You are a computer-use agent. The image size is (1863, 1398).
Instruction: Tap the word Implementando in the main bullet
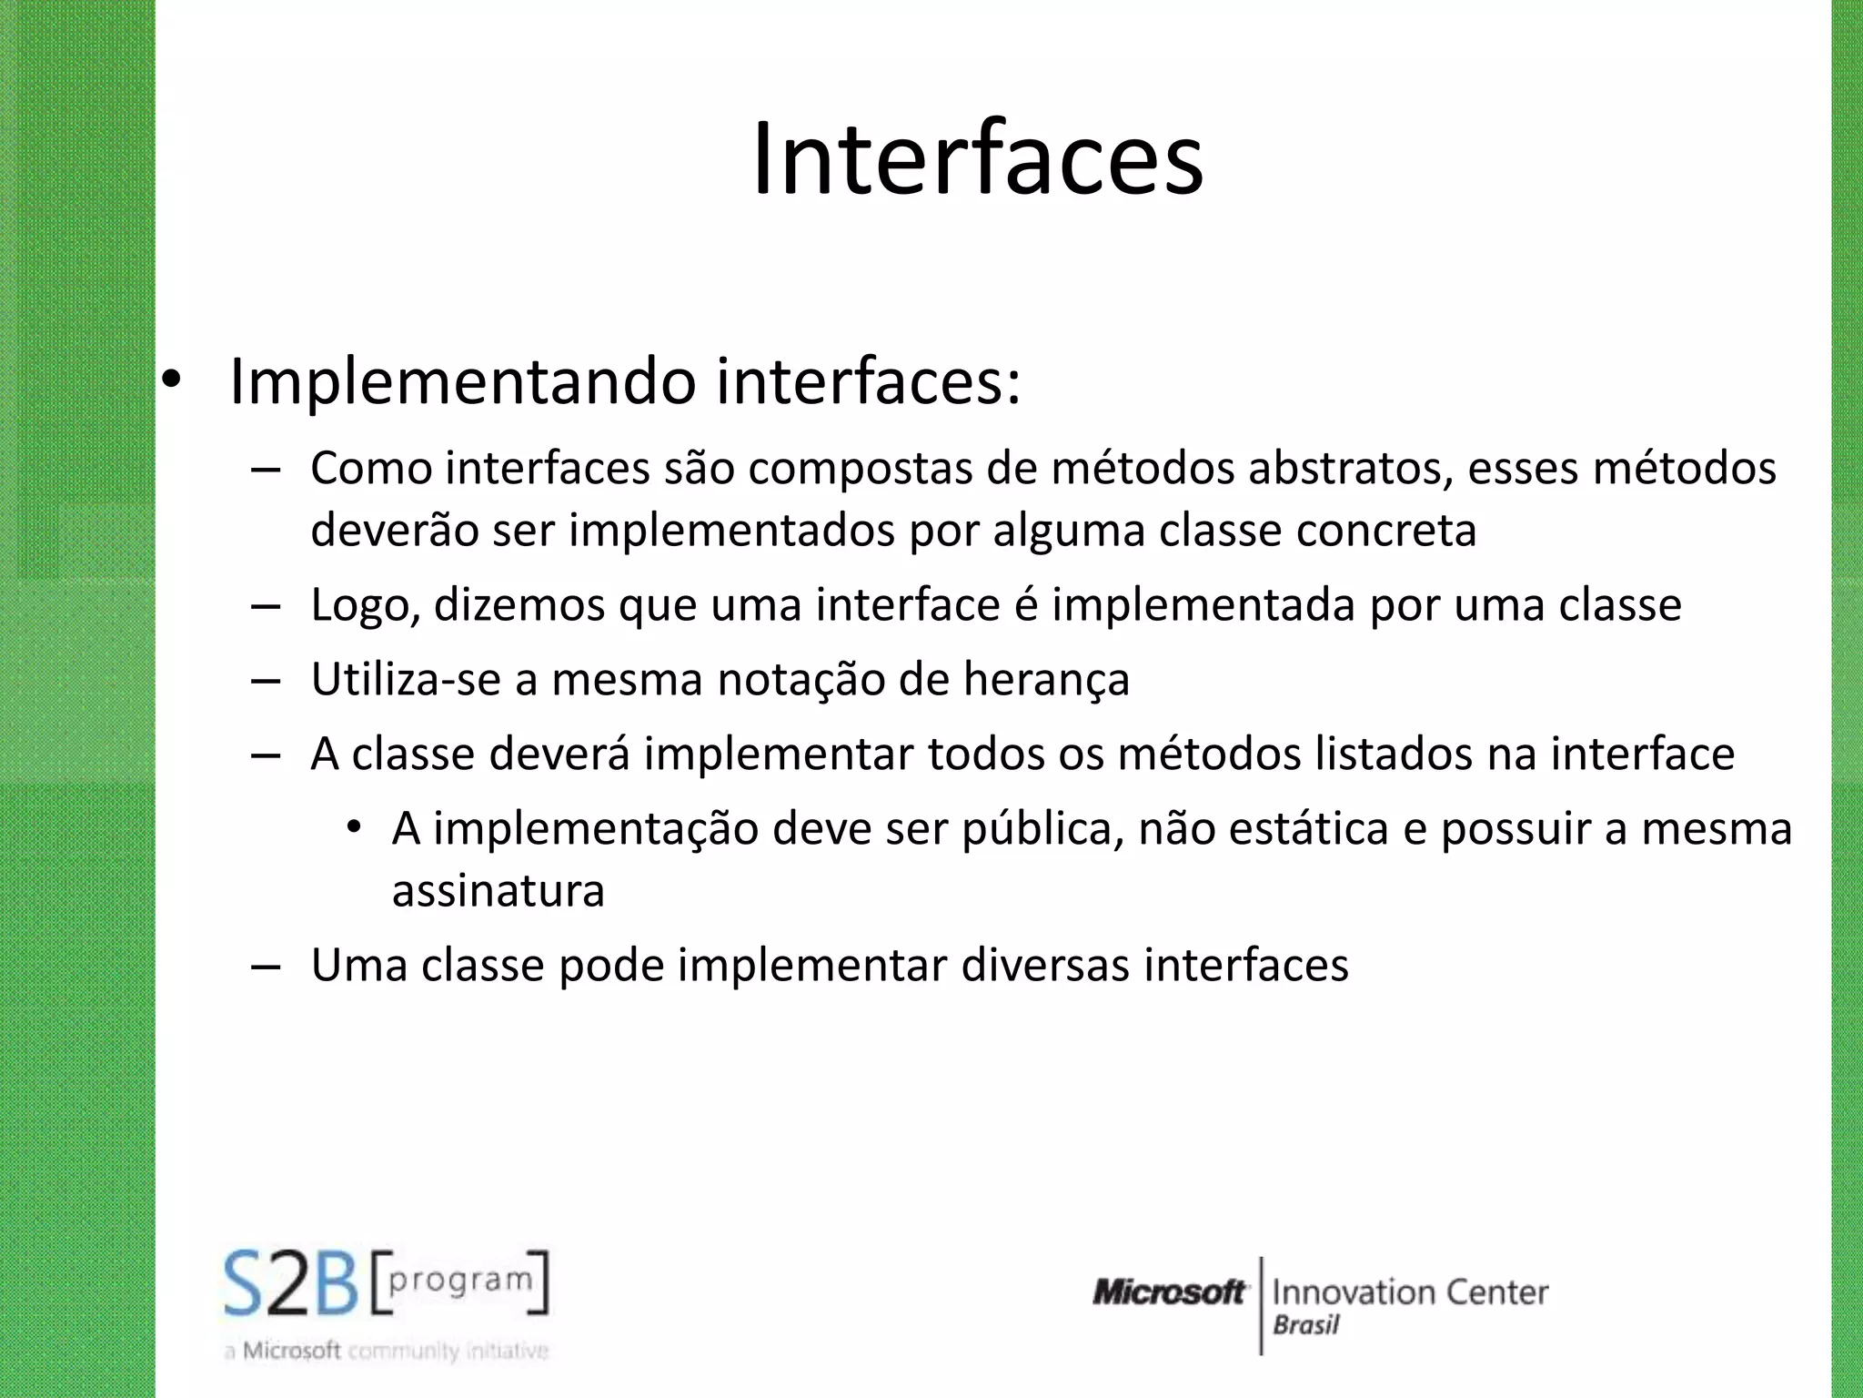click(463, 382)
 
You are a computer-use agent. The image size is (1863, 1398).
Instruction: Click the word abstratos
click(1349, 470)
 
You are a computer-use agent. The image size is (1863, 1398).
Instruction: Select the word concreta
click(1386, 531)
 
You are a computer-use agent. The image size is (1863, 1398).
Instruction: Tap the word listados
click(1394, 755)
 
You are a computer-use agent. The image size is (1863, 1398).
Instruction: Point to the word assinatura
click(498, 891)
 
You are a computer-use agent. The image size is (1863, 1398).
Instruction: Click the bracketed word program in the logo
click(460, 1280)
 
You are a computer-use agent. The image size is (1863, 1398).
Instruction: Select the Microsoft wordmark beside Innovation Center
click(1169, 1292)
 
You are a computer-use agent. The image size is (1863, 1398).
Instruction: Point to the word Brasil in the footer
click(1305, 1325)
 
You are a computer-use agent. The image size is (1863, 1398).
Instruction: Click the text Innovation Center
click(1410, 1292)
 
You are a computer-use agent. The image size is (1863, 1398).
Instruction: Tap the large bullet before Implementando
click(172, 382)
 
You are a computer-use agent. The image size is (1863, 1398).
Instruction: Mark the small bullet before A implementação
click(354, 828)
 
